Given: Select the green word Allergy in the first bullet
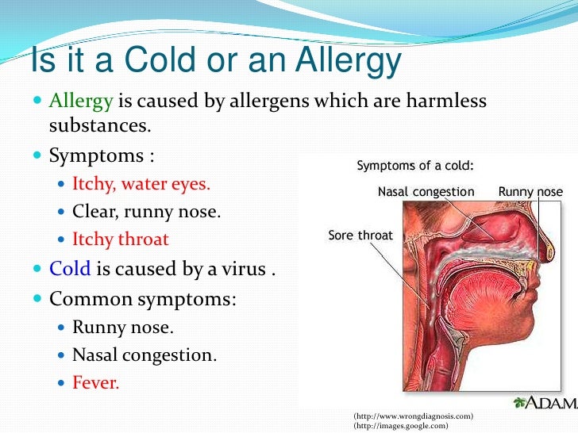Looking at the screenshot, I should pyautogui.click(x=82, y=102).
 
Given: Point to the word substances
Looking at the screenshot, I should pyautogui.click(x=99, y=126).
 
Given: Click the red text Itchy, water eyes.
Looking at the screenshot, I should pyautogui.click(x=141, y=184).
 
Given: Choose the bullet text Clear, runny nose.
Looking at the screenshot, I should pyautogui.click(x=146, y=212).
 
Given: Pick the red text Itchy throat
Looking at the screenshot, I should pyautogui.click(x=120, y=239).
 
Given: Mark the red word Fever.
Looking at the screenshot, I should pyautogui.click(x=95, y=383).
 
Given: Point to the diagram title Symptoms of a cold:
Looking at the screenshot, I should pyautogui.click(x=414, y=166).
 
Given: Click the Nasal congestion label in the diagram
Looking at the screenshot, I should pyautogui.click(x=426, y=192).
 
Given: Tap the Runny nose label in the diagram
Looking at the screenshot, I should pyautogui.click(x=530, y=192).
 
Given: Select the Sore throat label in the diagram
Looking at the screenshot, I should pyautogui.click(x=360, y=236).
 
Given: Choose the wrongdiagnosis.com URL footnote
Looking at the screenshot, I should pyautogui.click(x=413, y=416).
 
